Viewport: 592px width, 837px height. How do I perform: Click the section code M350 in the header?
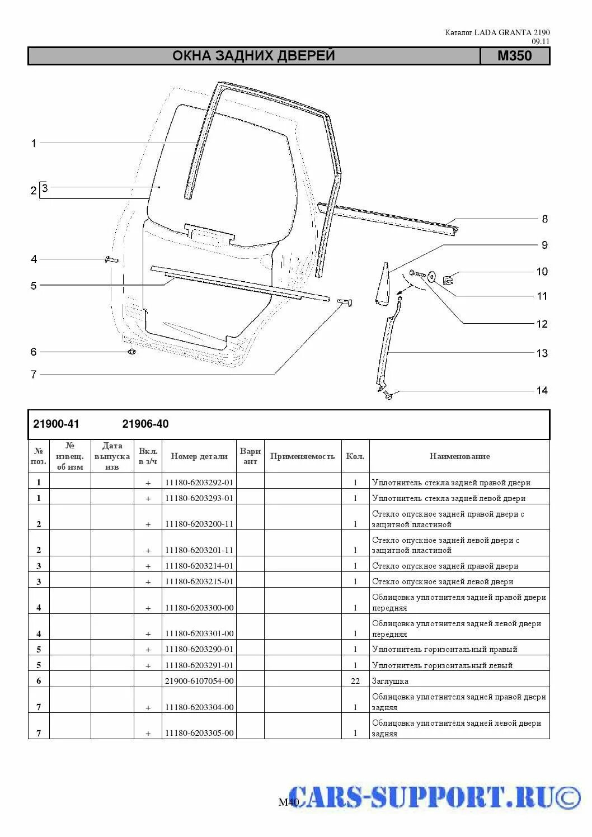click(514, 56)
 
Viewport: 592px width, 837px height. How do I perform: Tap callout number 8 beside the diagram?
click(544, 219)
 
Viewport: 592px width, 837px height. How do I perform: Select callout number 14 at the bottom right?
click(542, 390)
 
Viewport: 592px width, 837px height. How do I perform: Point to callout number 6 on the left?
click(34, 352)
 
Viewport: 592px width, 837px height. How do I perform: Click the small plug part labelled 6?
click(131, 352)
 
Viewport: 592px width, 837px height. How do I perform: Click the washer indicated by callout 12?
click(433, 276)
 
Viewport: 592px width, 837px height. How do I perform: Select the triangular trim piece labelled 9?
click(384, 284)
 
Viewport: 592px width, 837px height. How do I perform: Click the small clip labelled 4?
click(110, 259)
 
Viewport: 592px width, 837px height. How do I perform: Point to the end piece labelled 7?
click(344, 302)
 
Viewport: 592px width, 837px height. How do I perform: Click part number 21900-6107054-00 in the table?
click(199, 681)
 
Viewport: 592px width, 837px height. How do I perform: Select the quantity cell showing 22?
click(355, 681)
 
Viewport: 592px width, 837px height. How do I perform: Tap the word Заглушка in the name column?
click(390, 681)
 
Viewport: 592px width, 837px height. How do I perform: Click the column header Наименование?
click(459, 456)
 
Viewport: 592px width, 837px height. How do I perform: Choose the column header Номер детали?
click(199, 456)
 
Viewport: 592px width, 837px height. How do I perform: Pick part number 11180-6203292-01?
click(199, 482)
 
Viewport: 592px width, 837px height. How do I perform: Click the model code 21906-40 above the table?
click(145, 424)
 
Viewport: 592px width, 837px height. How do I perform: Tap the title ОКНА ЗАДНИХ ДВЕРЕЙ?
click(253, 56)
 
